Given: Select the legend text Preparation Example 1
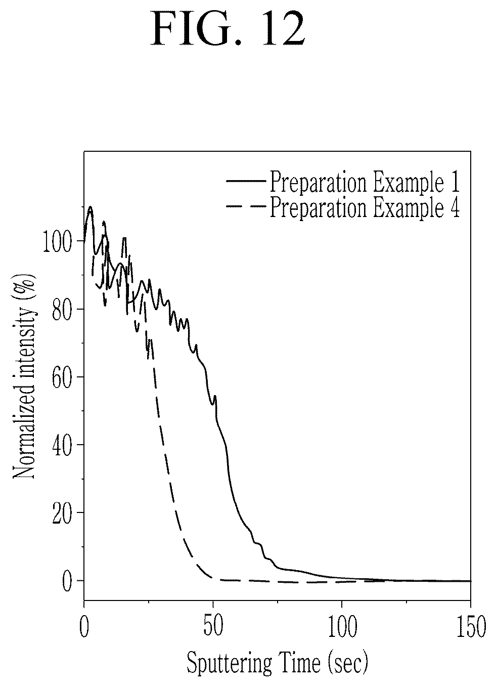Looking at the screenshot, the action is tap(365, 182).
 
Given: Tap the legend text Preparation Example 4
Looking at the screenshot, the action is tap(365, 207).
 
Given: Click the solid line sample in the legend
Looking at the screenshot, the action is tap(246, 181).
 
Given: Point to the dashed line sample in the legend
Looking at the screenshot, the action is tap(246, 206).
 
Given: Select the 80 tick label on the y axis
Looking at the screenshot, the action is tap(63, 309).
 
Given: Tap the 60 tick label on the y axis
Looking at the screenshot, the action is tap(63, 377).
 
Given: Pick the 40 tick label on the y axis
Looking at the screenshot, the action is tap(63, 445).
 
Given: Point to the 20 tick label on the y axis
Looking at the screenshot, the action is tap(63, 513).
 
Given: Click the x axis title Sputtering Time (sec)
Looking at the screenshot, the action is tap(278, 663).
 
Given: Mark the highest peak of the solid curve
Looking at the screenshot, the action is tap(90, 207).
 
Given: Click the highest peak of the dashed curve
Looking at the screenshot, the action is tap(104, 222).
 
